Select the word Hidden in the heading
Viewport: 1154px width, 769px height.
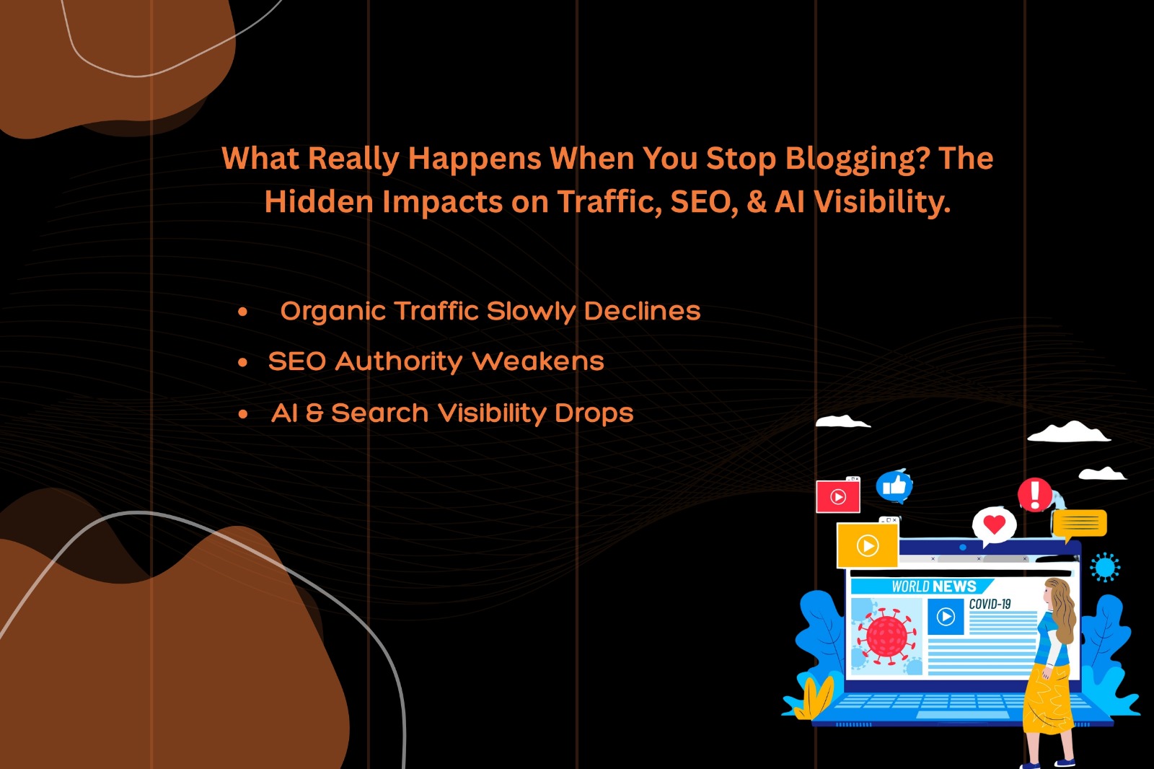tap(318, 201)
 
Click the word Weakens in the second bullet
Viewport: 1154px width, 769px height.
tap(538, 361)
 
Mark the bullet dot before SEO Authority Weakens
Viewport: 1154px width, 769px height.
tap(242, 362)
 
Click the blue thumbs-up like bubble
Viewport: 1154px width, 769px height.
tap(894, 486)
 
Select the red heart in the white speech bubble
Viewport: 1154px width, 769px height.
tap(995, 524)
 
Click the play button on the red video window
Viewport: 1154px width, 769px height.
tap(838, 497)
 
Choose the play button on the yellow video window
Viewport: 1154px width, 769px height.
tap(868, 546)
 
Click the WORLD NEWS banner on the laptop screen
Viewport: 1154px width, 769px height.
tap(922, 586)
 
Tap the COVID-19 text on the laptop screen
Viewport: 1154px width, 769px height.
tap(990, 604)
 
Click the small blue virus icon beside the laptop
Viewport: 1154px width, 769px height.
tap(1105, 568)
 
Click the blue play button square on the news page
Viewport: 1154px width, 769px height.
tap(946, 617)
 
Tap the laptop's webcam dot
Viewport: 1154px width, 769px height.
tap(963, 548)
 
